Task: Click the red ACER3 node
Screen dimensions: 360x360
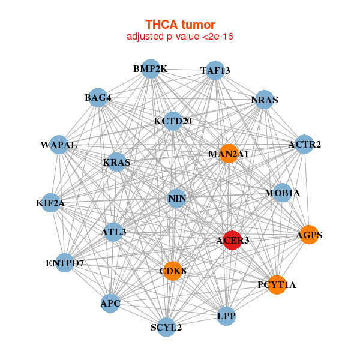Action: (x=232, y=240)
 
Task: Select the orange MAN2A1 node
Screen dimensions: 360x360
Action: (x=229, y=154)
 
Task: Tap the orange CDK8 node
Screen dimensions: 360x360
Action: (x=173, y=271)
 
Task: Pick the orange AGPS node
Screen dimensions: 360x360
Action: (x=309, y=235)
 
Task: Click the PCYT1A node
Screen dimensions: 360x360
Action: (x=277, y=284)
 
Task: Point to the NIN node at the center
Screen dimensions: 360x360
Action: (x=176, y=198)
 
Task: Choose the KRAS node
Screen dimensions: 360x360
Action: (x=116, y=162)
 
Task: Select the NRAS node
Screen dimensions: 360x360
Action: (x=265, y=100)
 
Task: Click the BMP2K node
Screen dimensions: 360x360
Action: (x=151, y=69)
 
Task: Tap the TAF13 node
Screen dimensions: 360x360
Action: (x=215, y=70)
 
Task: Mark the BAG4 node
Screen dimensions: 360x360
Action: (x=98, y=97)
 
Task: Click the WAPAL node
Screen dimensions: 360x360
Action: (x=59, y=145)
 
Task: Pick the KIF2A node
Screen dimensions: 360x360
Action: (x=50, y=203)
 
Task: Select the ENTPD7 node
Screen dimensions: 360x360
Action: (x=65, y=263)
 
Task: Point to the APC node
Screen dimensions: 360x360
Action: (x=110, y=303)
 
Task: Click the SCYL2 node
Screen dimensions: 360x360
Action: (x=166, y=327)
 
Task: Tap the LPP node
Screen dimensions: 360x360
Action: (x=226, y=316)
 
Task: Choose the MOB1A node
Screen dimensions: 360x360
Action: (x=282, y=193)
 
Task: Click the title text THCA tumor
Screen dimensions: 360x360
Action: (x=180, y=25)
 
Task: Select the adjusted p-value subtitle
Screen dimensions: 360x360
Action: (x=180, y=37)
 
